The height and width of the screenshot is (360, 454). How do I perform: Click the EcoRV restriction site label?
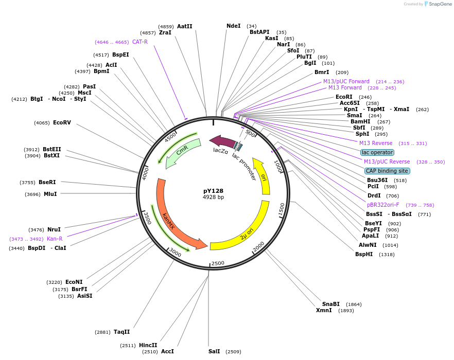click(62, 122)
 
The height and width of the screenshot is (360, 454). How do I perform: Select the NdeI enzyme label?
click(233, 26)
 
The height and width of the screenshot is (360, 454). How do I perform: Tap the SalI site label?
click(214, 351)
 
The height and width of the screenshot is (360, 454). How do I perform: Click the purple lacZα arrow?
click(221, 141)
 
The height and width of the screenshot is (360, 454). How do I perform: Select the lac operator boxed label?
click(377, 152)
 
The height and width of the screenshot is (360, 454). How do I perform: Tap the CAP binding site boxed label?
click(387, 171)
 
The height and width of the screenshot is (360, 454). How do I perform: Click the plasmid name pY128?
click(213, 191)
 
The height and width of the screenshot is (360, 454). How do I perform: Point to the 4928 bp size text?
click(213, 197)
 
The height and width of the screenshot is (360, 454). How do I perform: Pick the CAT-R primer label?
click(139, 42)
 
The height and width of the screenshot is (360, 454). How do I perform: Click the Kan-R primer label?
click(55, 239)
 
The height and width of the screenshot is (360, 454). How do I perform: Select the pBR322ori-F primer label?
click(383, 205)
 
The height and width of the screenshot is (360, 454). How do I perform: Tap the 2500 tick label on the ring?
click(218, 263)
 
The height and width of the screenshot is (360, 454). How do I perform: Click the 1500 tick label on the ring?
click(281, 208)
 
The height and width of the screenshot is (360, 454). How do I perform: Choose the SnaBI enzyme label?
click(331, 304)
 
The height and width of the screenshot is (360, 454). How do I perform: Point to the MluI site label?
click(50, 194)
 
